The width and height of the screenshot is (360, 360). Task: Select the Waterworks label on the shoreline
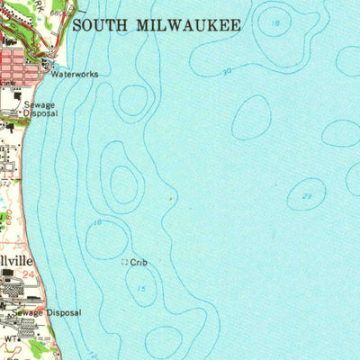point(74,75)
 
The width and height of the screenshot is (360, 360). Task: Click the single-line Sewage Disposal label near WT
point(46,312)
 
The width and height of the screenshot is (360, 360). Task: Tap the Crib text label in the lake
point(138,263)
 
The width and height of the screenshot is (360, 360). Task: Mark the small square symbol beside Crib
point(124,263)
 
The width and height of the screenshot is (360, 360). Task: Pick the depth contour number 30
point(225,70)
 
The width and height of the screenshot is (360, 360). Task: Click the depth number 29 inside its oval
point(307,196)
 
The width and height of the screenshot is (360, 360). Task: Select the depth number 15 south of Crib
point(141,288)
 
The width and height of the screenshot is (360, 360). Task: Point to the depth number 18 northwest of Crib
point(97,221)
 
